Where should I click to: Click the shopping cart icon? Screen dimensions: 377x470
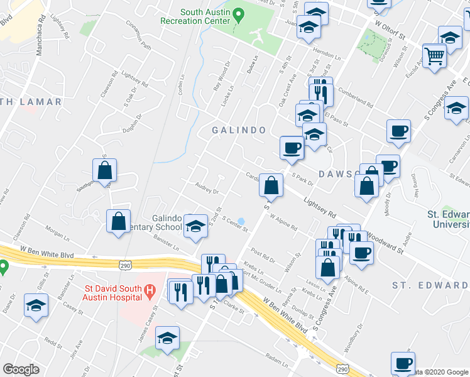coord(435,57)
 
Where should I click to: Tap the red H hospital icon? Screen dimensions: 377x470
coord(150,290)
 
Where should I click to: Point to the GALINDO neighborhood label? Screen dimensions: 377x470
coord(239,130)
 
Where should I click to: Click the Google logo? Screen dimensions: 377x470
coord(21,369)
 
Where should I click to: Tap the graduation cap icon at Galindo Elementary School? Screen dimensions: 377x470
coord(196,226)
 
